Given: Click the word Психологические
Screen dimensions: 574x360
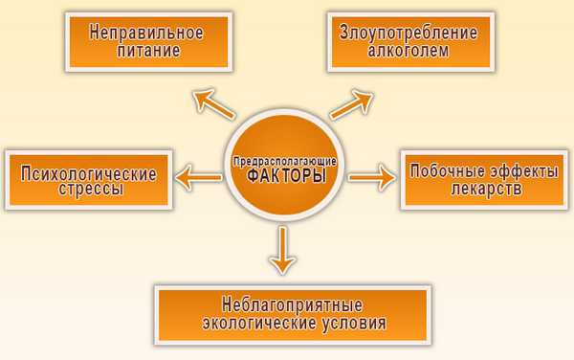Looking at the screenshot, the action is coord(84,172).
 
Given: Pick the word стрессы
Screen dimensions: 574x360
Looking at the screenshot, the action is coord(84,191).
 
